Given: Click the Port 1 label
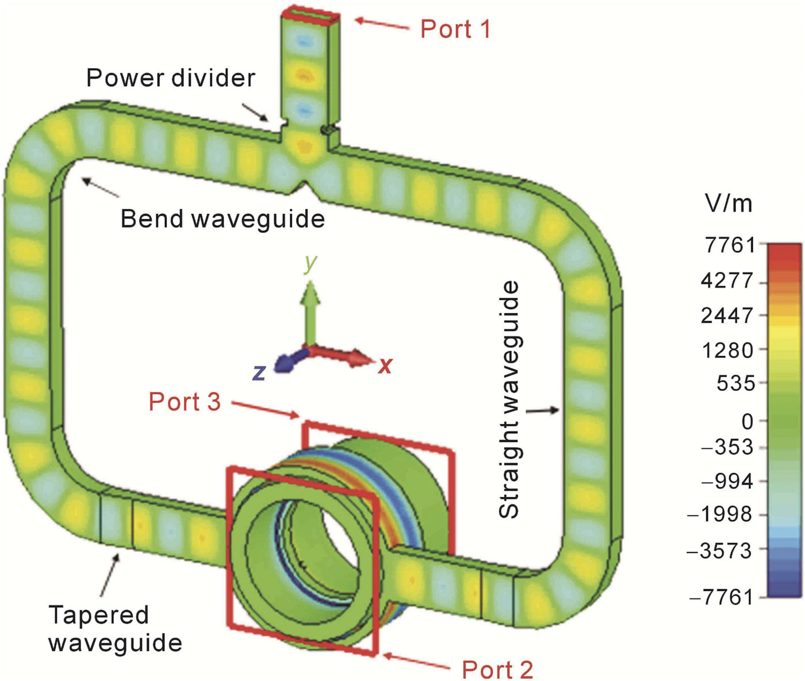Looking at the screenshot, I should [455, 29].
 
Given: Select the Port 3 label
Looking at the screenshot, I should [185, 402].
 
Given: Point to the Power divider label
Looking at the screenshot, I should [171, 78].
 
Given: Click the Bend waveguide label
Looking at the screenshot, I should [223, 219].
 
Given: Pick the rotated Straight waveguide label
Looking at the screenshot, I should [509, 400].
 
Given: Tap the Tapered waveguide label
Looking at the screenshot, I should [115, 629].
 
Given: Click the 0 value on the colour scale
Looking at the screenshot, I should [747, 421].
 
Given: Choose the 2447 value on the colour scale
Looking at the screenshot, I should [727, 315].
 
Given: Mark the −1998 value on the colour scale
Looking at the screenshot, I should [720, 514].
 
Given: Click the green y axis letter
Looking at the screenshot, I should [310, 263].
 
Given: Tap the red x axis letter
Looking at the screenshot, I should [385, 365].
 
